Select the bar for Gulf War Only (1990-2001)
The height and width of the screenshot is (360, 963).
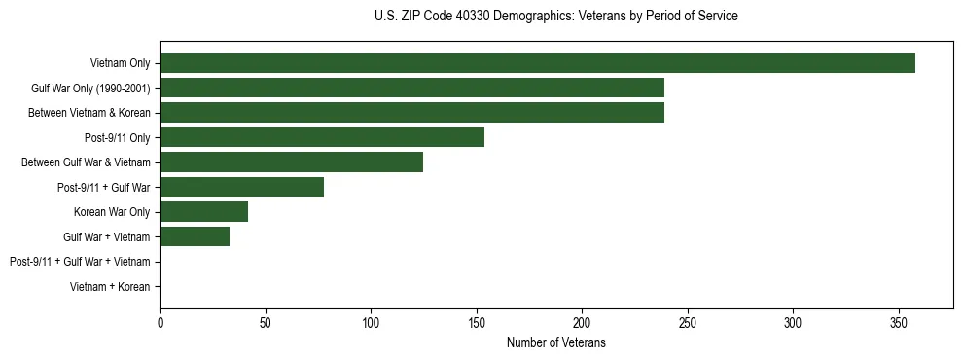(x=411, y=89)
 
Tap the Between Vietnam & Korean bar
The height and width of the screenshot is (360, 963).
(x=411, y=113)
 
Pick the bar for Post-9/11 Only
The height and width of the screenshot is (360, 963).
(x=322, y=137)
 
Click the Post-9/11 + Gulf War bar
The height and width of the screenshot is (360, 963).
(x=241, y=187)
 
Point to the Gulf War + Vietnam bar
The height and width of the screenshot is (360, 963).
(x=195, y=236)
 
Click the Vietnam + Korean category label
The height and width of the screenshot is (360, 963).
(x=110, y=286)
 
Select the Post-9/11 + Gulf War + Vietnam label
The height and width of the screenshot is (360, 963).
(x=80, y=262)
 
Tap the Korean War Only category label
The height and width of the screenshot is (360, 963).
(x=112, y=212)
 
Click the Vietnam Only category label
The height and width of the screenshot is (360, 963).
(x=120, y=63)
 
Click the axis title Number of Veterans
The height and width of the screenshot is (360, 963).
(x=555, y=342)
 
